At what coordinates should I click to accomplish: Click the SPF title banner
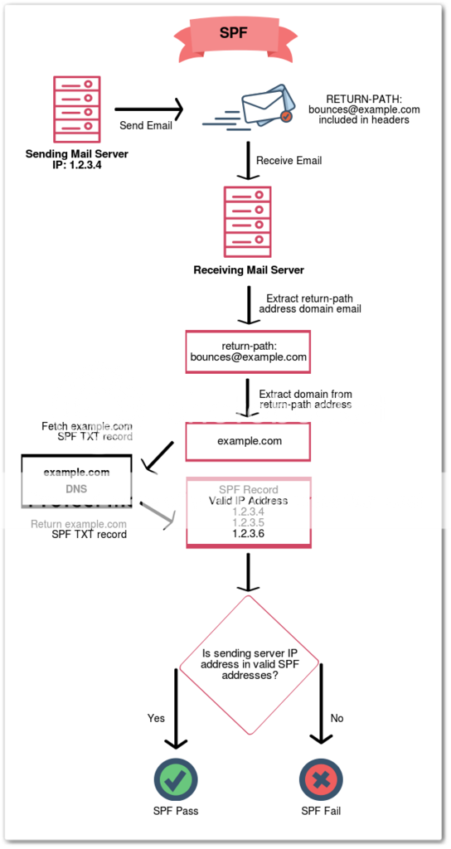pos(232,35)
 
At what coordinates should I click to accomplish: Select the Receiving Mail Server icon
pos(248,221)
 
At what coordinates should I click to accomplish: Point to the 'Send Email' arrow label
pos(147,126)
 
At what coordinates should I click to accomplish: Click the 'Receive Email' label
pos(289,160)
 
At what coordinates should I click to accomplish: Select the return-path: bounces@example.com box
pos(248,352)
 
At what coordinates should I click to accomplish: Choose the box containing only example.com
pos(248,441)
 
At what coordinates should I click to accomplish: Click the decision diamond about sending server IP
pos(248,663)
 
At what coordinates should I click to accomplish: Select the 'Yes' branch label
pos(156,718)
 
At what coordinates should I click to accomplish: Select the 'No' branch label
pos(337,718)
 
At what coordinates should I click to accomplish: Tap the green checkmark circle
pos(176,780)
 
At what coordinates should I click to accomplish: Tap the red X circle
pos(321,780)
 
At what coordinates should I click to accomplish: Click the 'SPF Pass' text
pos(176,811)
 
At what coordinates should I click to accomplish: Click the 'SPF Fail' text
pos(321,811)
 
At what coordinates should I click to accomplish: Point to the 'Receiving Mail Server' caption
pos(248,270)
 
